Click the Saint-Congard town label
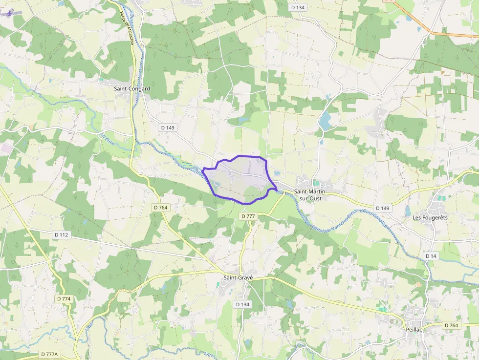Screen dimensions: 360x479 [131, 89]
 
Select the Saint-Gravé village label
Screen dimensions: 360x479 [238, 277]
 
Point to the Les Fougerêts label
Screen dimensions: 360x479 [430, 217]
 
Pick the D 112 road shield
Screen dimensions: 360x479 [61, 234]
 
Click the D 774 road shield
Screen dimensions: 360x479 [64, 298]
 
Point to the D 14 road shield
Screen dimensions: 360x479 [431, 256]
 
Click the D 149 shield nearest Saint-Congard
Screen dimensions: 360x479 [167, 127]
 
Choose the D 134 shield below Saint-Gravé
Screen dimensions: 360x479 [242, 304]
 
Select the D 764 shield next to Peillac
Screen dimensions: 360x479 [452, 325]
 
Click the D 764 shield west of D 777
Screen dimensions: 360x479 [160, 208]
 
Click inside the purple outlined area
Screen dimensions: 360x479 [239, 178]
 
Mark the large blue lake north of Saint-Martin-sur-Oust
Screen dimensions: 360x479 [325, 120]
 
